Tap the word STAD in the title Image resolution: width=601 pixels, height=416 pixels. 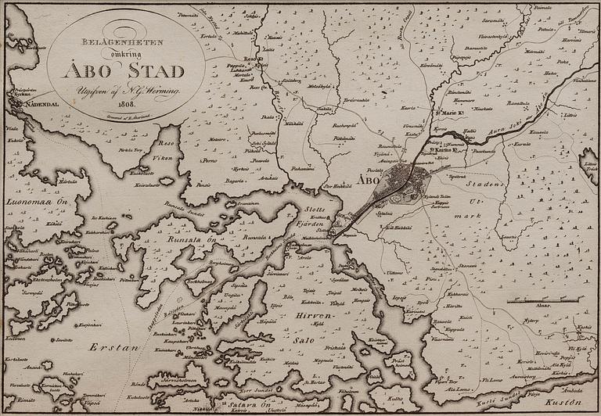coord(158,71)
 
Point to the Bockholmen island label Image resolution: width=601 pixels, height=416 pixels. coord(200,280)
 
